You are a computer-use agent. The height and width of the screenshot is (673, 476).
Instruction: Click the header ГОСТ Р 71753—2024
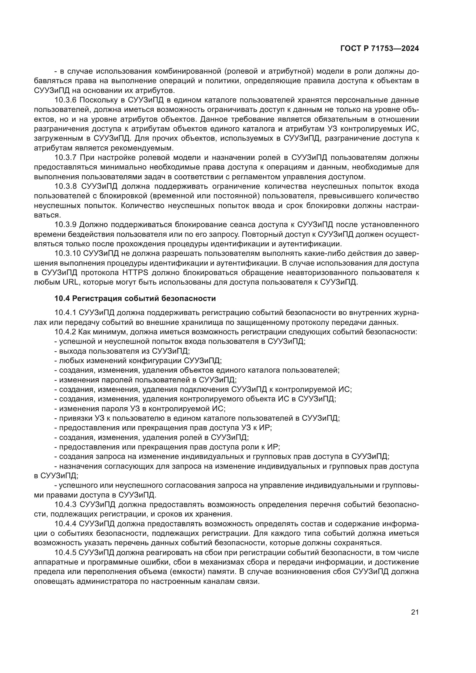(x=379, y=49)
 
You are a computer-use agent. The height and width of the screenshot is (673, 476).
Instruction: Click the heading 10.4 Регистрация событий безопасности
(x=135, y=298)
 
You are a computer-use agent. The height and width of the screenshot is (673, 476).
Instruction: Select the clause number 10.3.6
(x=65, y=100)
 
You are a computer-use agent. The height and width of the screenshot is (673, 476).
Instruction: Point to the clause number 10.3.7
(x=65, y=157)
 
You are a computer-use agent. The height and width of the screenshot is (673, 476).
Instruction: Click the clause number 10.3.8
(x=65, y=186)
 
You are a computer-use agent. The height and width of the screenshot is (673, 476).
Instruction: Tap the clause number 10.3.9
(x=65, y=224)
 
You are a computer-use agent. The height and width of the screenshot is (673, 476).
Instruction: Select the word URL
(x=69, y=282)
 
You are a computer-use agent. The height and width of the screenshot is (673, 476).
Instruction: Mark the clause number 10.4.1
(x=65, y=313)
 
